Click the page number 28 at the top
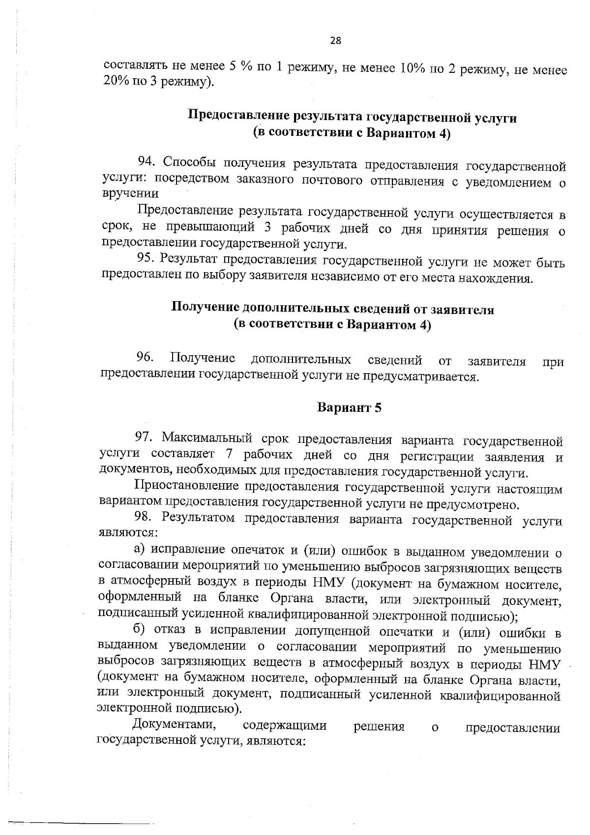tap(336, 41)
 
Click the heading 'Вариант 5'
tap(349, 407)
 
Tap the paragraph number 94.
tap(147, 161)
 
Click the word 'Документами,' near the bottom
tap(174, 726)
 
